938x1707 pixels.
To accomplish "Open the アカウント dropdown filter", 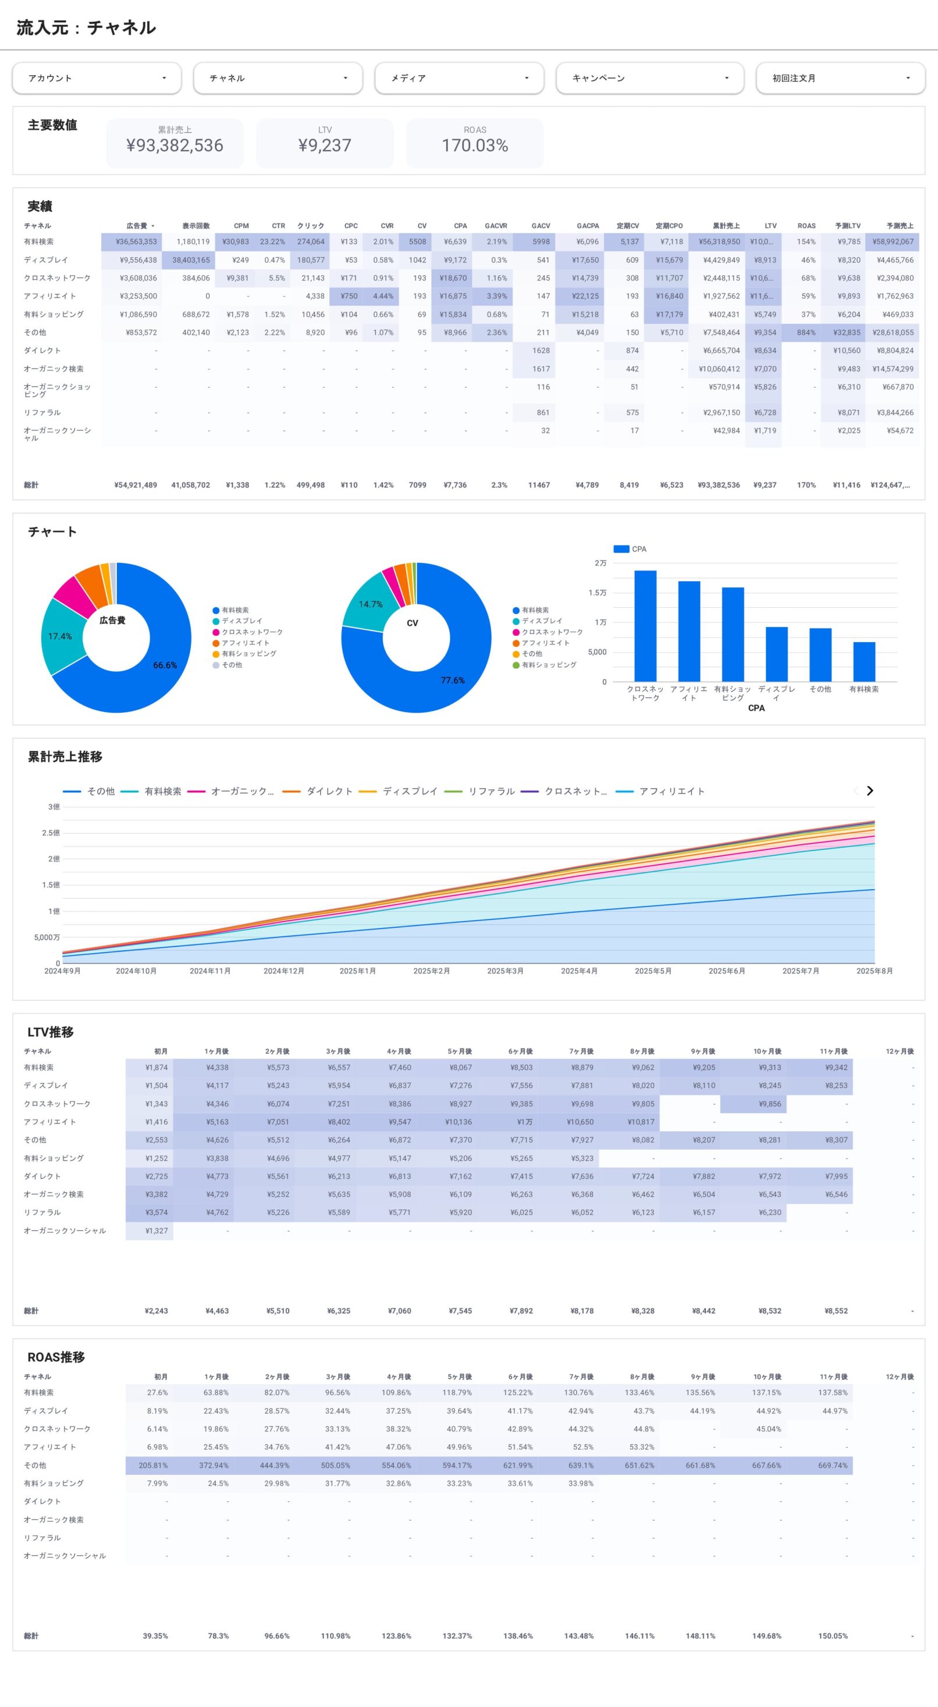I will click(x=97, y=78).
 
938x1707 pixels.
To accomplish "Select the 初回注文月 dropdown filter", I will click(x=840, y=78).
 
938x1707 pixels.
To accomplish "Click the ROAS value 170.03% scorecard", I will click(x=474, y=145).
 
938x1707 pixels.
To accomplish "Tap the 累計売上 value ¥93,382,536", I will click(x=175, y=145).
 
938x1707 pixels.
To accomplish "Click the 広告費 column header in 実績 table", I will click(x=137, y=226).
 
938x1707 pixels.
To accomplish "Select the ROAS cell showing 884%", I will click(x=805, y=332).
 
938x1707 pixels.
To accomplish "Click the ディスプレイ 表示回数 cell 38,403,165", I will click(x=191, y=260).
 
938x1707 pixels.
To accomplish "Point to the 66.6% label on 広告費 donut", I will click(x=165, y=665).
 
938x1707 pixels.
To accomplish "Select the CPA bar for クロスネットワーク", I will click(x=645, y=625).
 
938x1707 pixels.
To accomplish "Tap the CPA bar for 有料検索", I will click(x=864, y=661).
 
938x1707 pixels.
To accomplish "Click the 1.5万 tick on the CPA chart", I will click(x=597, y=593).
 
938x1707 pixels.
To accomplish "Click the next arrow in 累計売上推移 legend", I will click(x=870, y=791).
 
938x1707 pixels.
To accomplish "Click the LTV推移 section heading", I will click(x=51, y=1032).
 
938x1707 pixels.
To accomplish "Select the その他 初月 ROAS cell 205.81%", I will click(x=153, y=1465).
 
